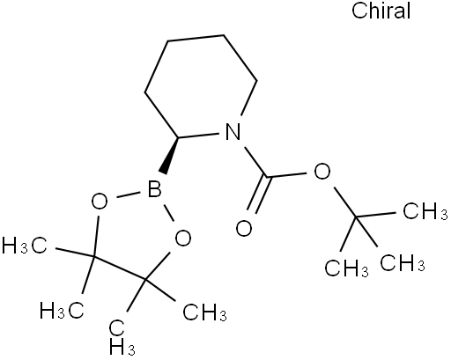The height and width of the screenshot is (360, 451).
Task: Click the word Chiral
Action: tap(381, 11)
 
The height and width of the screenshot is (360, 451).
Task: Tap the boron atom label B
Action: tap(155, 188)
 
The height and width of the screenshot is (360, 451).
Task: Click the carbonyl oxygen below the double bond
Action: tap(244, 228)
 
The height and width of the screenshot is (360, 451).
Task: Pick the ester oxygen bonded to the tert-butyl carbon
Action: tap(322, 171)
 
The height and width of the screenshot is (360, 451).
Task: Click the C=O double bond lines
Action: tap(257, 195)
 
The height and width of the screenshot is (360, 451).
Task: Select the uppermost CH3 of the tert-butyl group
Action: tap(425, 211)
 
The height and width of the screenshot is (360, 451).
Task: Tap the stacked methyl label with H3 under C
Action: tap(122, 337)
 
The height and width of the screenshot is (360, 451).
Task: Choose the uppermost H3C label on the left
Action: tap(24, 246)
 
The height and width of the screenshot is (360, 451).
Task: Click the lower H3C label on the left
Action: tap(62, 311)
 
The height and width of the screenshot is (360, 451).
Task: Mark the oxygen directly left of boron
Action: tap(100, 202)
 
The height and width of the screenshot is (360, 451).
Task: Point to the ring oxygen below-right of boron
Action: tap(183, 238)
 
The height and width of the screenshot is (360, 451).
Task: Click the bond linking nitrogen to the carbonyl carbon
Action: tap(255, 162)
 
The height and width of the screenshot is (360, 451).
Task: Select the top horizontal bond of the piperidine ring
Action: tap(196, 38)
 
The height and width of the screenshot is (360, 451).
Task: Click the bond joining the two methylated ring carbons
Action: tap(119, 268)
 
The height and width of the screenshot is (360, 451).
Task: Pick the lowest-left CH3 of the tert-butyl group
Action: tap(346, 268)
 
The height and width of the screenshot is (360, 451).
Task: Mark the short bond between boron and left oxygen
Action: tap(128, 195)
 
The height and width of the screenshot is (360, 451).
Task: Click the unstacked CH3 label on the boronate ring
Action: tap(204, 312)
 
